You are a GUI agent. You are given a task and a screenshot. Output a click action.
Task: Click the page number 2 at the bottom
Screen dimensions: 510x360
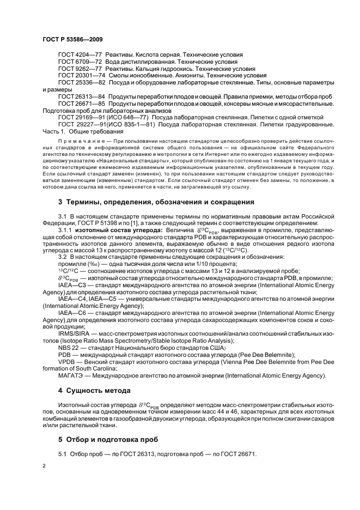pos(45,466)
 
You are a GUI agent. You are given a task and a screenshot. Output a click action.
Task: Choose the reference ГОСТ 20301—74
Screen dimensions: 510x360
pos(82,76)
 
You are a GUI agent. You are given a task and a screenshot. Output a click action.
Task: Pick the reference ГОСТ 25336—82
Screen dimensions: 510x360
pos(82,83)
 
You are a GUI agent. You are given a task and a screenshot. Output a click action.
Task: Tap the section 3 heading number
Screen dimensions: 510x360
pos(60,202)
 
